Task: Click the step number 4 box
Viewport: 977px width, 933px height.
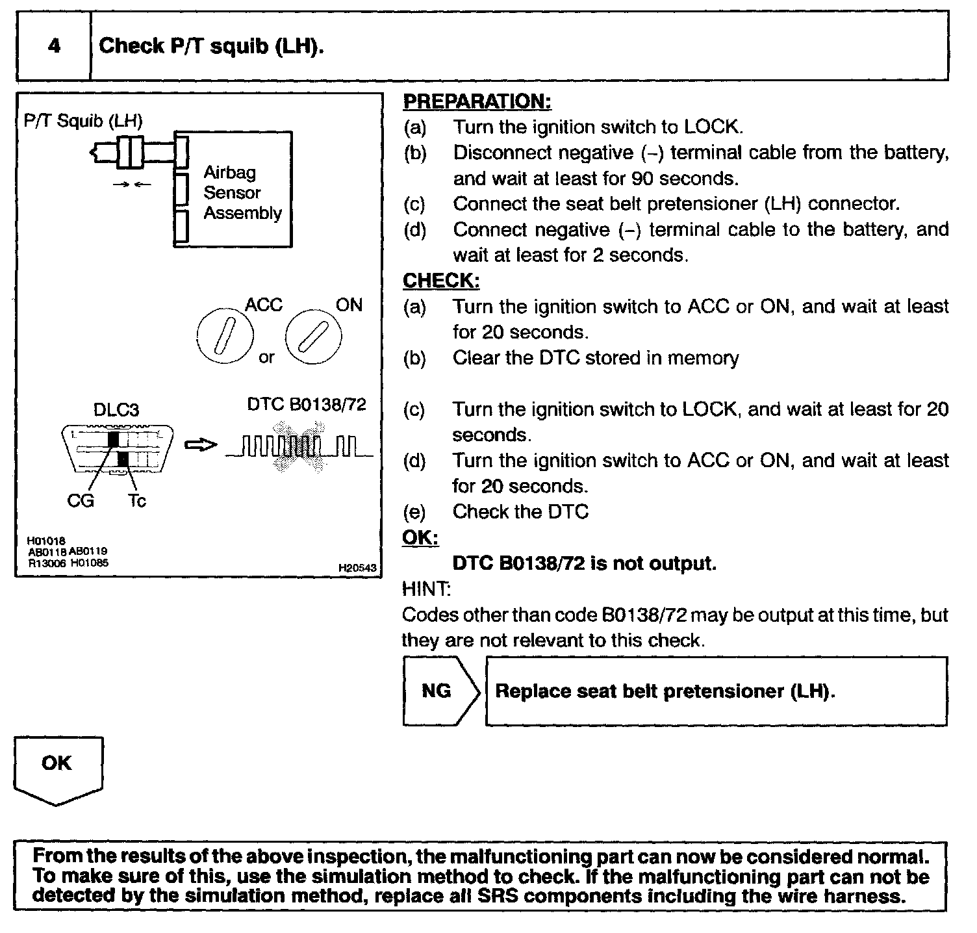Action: [53, 46]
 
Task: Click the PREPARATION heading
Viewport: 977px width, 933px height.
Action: [477, 101]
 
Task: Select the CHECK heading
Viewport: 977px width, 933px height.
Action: [441, 281]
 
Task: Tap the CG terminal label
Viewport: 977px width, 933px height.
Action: [81, 501]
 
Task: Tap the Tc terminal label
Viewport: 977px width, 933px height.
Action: [136, 501]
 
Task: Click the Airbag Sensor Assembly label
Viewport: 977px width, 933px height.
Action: [242, 193]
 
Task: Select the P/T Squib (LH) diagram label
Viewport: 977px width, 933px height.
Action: [82, 120]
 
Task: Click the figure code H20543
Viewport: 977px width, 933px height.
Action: [357, 568]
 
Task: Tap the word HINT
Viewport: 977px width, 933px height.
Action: [425, 589]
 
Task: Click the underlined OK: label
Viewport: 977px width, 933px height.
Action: [420, 538]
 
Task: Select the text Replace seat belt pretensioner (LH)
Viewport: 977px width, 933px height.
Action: [665, 691]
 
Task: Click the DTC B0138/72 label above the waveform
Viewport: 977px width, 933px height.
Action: [307, 404]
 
